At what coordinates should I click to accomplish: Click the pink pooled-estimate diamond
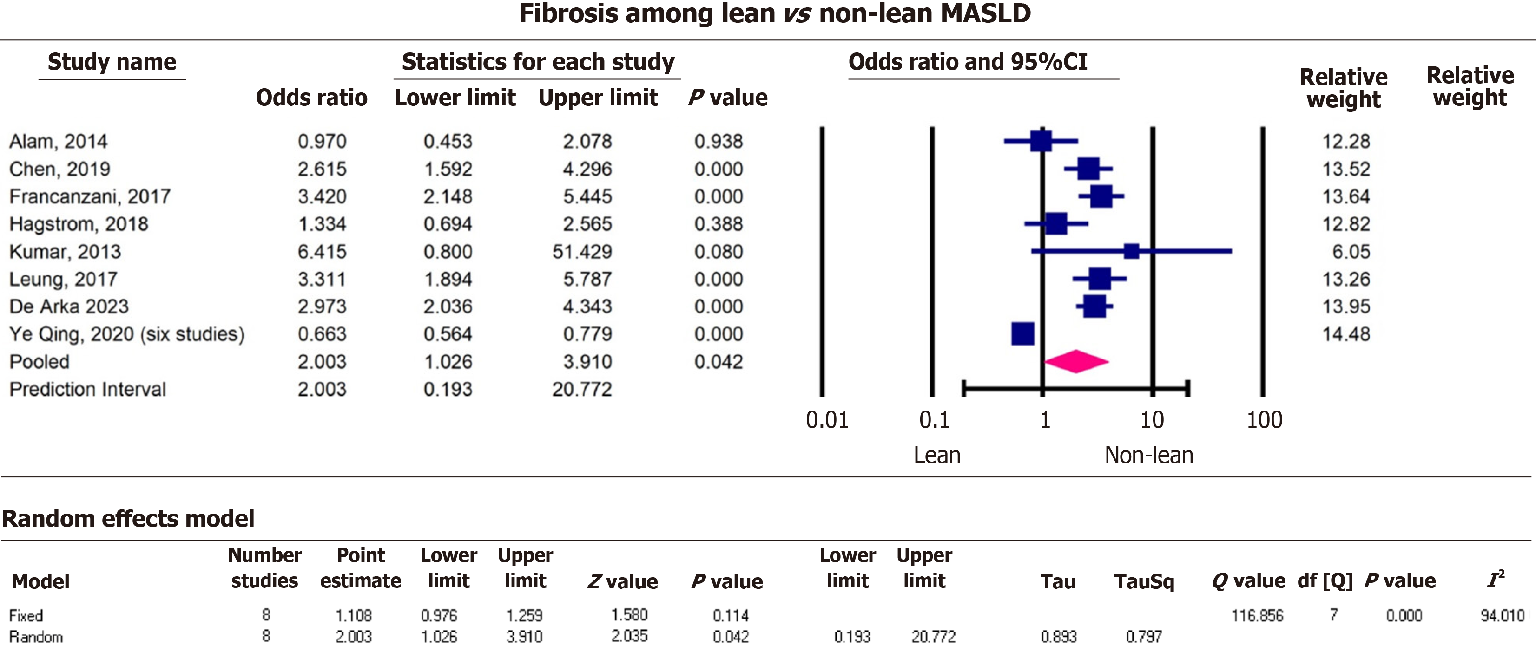tap(1076, 362)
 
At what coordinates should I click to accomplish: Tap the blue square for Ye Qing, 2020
tap(1022, 334)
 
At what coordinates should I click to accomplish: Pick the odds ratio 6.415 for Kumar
tap(322, 252)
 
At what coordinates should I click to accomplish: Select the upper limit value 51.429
tap(582, 252)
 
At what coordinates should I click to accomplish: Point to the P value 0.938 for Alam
tap(719, 141)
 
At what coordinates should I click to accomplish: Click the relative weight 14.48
tap(1346, 334)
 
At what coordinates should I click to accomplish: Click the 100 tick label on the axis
tap(1264, 420)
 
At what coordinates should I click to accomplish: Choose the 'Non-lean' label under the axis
tap(1149, 455)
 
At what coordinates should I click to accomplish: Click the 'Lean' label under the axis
tap(937, 455)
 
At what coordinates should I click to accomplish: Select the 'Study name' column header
tap(112, 62)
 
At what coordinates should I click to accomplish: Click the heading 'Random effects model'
tap(128, 519)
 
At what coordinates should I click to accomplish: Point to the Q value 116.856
tap(1257, 615)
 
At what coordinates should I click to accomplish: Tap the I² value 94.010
tap(1502, 615)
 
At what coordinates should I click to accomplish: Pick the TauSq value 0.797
tap(1144, 637)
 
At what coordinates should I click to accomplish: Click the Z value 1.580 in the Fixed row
tap(629, 614)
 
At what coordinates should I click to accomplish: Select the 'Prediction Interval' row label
tap(88, 389)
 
